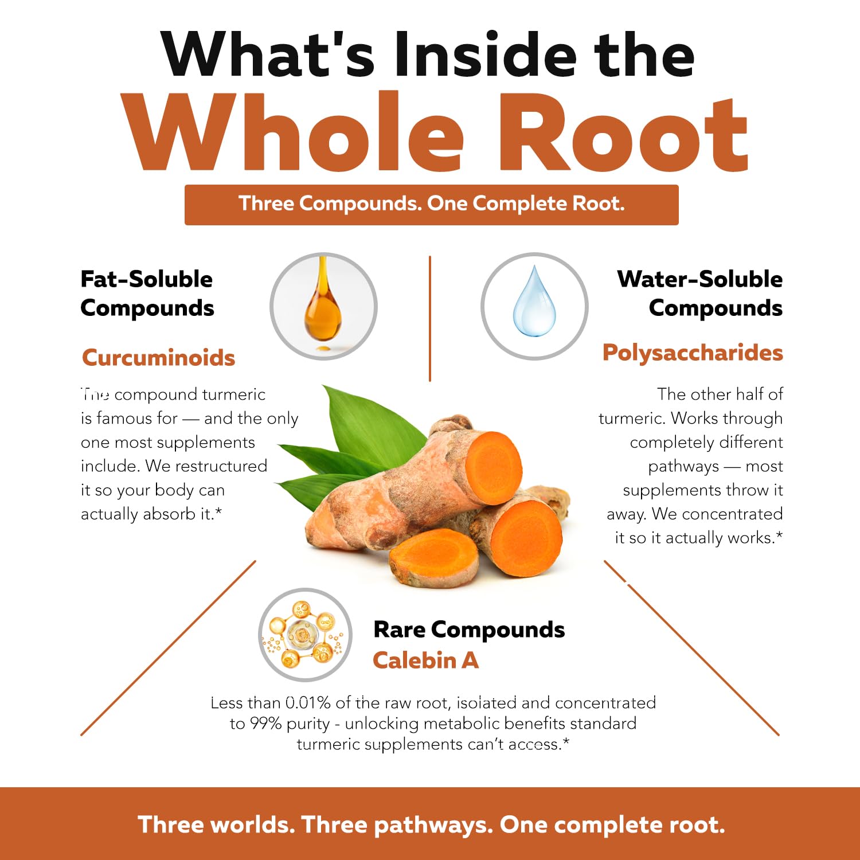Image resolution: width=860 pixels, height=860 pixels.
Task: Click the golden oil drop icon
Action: pyautogui.click(x=323, y=304)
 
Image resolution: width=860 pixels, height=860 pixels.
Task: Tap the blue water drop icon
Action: pyautogui.click(x=534, y=301)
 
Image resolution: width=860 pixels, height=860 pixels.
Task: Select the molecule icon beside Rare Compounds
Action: pyautogui.click(x=304, y=635)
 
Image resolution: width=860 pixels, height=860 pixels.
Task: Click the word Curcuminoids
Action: pyautogui.click(x=158, y=358)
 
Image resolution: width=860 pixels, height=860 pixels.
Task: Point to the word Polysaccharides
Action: pyautogui.click(x=693, y=353)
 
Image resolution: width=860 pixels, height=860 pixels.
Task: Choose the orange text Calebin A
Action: pyautogui.click(x=425, y=660)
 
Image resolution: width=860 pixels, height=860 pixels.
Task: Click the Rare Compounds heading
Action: pyautogui.click(x=469, y=630)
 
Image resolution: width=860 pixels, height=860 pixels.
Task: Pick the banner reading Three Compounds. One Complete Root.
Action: pyautogui.click(x=432, y=205)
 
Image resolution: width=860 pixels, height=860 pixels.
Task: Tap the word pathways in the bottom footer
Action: pyautogui.click(x=433, y=826)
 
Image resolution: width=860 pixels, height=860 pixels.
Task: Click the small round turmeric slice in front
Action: pyautogui.click(x=433, y=558)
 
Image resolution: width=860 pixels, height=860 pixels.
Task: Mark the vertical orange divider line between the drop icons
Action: pyautogui.click(x=430, y=319)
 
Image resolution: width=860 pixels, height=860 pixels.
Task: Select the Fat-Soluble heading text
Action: pyautogui.click(x=147, y=279)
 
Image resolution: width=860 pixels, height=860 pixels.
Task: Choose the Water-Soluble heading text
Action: pyautogui.click(x=700, y=279)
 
